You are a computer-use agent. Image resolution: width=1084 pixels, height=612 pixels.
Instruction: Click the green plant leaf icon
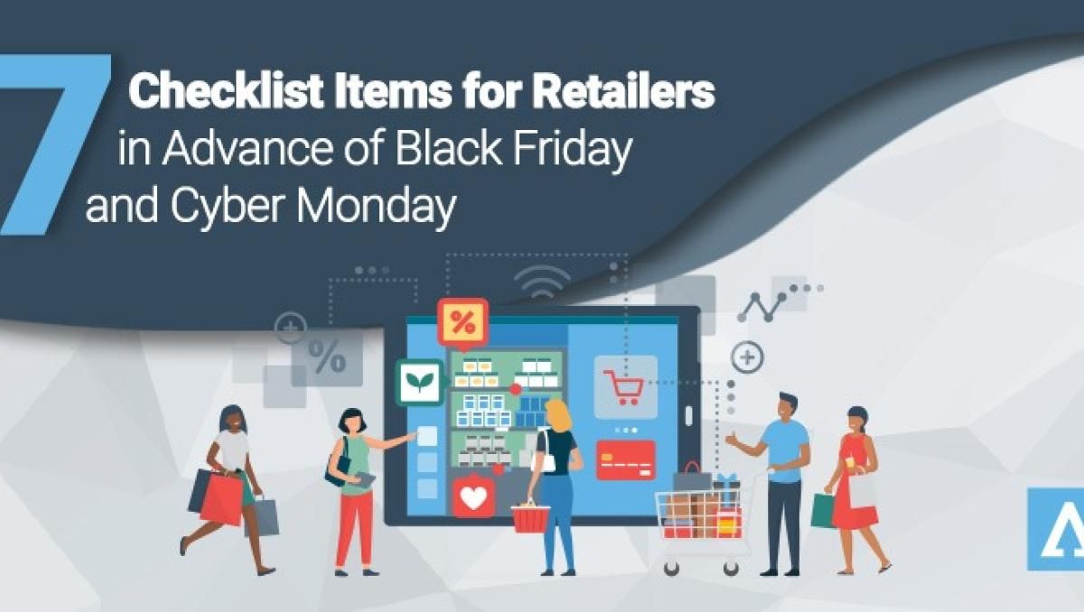click(x=418, y=382)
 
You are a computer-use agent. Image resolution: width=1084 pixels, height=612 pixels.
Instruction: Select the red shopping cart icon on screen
click(x=624, y=386)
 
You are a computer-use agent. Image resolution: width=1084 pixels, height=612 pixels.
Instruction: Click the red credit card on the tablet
click(x=625, y=459)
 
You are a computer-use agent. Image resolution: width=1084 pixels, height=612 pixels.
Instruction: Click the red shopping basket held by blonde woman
click(x=530, y=517)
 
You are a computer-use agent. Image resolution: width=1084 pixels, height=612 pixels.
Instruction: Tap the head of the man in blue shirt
click(x=787, y=407)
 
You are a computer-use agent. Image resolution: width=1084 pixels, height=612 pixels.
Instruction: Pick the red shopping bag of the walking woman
click(x=222, y=499)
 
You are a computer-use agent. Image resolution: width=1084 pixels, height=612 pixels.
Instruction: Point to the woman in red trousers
click(x=355, y=487)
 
